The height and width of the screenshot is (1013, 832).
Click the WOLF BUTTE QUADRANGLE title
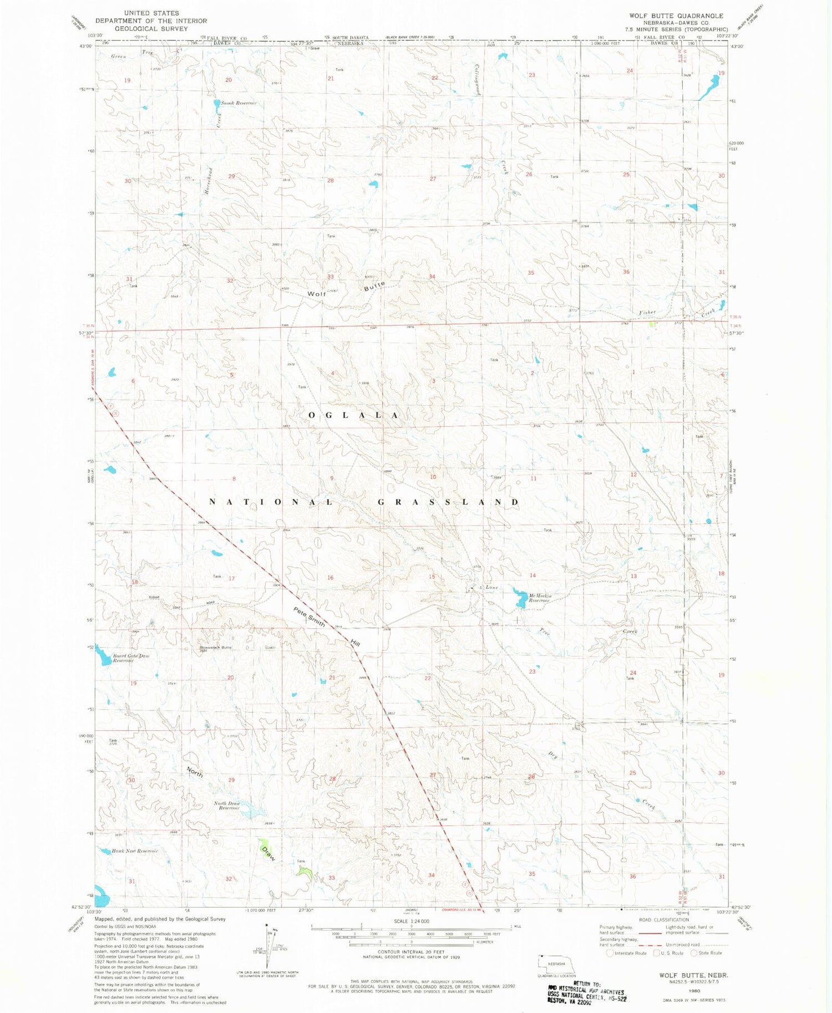click(x=676, y=16)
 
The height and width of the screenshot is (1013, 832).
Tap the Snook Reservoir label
click(x=239, y=103)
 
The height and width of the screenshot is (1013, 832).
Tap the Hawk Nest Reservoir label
click(x=135, y=851)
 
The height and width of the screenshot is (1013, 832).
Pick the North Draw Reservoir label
click(x=227, y=806)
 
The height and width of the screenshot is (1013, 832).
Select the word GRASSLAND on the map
click(x=448, y=502)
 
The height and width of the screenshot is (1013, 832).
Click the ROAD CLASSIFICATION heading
click(x=663, y=919)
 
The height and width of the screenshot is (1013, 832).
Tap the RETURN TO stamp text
click(x=579, y=983)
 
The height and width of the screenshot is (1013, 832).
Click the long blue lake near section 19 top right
click(x=710, y=87)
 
